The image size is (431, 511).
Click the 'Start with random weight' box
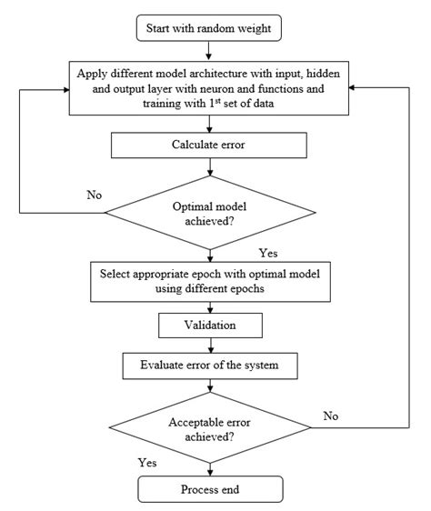[x=211, y=28]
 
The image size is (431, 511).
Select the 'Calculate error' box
[x=211, y=145]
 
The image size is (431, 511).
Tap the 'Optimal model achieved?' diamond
[x=211, y=213]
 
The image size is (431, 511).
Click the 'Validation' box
[x=211, y=324]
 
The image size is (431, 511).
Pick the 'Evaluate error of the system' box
[x=211, y=366]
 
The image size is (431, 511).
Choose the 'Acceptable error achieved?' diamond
[x=211, y=428]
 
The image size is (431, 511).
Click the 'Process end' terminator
[x=211, y=490]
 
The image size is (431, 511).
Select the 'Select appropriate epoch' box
[x=211, y=282]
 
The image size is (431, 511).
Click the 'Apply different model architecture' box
[x=211, y=87]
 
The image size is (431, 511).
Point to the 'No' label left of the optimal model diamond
[x=94, y=194]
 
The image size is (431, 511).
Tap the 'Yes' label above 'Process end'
[x=147, y=462]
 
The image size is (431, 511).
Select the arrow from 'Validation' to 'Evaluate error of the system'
[x=211, y=345]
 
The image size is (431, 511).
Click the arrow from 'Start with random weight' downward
[x=211, y=51]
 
